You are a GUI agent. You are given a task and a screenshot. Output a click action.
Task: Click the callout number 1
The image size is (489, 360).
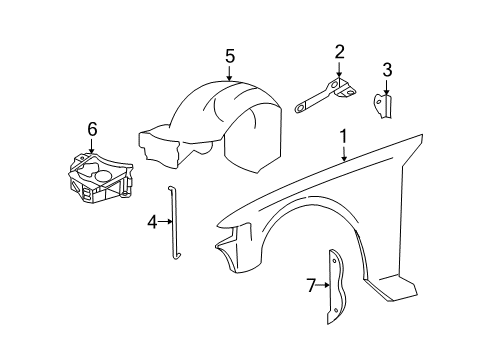(343, 136)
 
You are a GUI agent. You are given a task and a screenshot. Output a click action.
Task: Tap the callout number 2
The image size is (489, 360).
(339, 52)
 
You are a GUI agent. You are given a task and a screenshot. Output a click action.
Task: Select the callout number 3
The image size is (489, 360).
(387, 70)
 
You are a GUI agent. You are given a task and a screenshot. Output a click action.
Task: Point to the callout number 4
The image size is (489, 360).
(152, 222)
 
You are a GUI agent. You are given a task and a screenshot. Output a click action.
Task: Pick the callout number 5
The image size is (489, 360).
(230, 56)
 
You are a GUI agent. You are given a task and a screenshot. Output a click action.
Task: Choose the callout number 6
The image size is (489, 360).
(92, 129)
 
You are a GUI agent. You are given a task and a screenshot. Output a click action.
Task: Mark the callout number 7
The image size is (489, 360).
(311, 285)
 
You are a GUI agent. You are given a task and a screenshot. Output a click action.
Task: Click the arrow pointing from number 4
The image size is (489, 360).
(165, 221)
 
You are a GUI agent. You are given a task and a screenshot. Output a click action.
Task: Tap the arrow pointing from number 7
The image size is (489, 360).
(323, 285)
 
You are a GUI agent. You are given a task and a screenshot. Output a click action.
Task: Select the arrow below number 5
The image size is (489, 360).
(230, 73)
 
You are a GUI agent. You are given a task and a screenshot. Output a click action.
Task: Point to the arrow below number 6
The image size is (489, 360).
(92, 146)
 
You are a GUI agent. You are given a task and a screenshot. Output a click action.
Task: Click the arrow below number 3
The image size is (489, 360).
(387, 87)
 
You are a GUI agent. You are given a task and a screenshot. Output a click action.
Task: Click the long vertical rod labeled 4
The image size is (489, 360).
(174, 222)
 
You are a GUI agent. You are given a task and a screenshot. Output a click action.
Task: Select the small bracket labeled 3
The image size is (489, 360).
(383, 106)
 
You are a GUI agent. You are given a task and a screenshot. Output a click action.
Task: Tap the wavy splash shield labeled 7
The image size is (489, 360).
(336, 287)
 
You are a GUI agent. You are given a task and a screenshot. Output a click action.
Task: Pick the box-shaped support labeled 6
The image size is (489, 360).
(100, 178)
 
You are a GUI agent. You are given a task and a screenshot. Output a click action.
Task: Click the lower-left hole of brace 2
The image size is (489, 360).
(299, 108)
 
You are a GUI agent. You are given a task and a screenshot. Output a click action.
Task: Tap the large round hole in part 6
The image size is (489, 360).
(105, 176)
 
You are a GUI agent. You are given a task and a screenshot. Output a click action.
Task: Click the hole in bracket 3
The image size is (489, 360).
(378, 100)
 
